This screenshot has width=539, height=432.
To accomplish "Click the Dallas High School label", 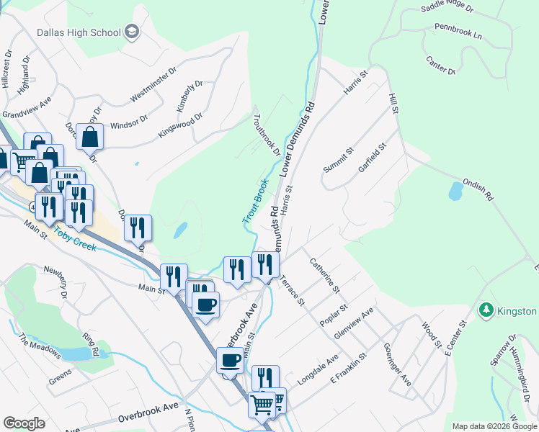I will (x=79, y=32).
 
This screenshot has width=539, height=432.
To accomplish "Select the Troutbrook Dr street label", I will (x=267, y=135).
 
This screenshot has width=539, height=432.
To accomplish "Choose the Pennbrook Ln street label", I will (x=458, y=30).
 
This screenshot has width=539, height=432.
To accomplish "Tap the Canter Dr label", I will (x=440, y=66).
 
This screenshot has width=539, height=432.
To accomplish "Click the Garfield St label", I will (x=373, y=157).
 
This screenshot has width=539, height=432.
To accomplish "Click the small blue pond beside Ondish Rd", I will (x=455, y=191).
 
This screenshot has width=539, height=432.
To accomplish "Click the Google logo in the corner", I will (x=24, y=423).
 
